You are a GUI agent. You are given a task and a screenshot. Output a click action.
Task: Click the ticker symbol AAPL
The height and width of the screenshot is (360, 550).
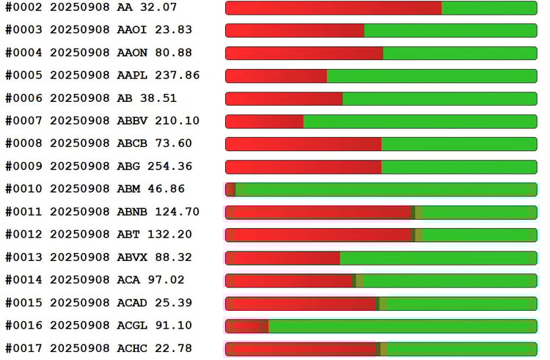click(133, 76)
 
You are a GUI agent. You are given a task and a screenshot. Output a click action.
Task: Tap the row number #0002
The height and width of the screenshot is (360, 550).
click(24, 7)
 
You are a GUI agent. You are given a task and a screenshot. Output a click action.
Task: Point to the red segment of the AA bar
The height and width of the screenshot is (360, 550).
click(333, 8)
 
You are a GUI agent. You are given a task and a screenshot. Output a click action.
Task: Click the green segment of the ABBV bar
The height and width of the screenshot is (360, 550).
click(420, 122)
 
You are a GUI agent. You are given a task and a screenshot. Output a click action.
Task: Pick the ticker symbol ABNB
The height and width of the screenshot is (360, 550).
click(133, 212)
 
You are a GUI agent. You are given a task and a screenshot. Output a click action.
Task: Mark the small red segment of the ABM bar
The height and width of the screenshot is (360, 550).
click(230, 190)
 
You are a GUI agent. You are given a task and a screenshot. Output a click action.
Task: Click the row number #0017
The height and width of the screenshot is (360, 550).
click(24, 348)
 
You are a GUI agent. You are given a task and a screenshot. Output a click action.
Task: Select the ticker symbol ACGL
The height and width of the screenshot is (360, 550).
click(133, 326)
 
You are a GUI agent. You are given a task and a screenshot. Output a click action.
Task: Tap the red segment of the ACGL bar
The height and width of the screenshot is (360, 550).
click(247, 326)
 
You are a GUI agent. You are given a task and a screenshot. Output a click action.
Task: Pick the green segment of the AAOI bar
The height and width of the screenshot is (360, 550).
click(450, 31)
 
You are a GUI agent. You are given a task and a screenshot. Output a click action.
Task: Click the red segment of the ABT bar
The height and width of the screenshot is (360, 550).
click(318, 235)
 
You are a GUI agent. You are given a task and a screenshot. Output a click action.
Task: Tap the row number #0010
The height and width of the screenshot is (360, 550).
click(24, 189)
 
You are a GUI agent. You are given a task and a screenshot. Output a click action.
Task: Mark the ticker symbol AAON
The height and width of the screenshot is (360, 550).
click(133, 53)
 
